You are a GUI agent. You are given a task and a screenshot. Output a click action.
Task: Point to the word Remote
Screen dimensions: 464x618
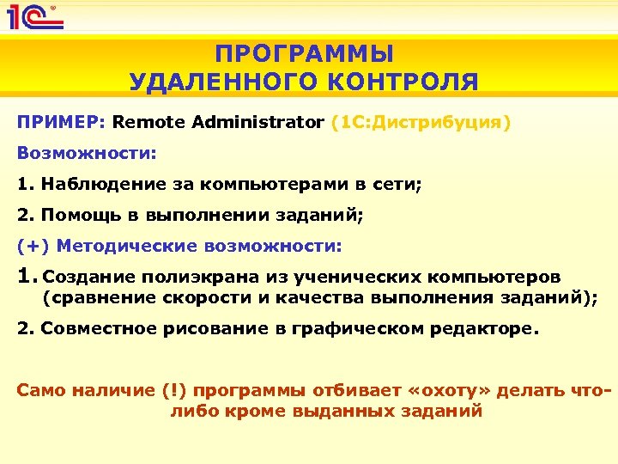pos(142,122)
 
